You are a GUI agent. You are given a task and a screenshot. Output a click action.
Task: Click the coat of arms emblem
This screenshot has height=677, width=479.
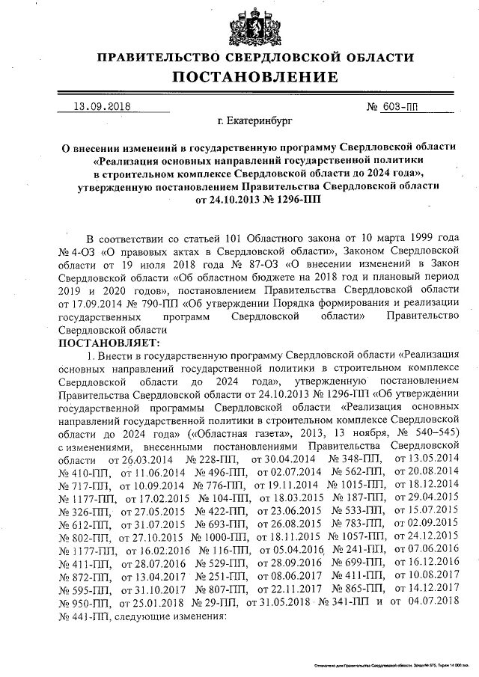(x=254, y=25)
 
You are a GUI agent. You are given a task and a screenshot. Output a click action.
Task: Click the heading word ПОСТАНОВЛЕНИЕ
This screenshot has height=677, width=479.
(x=256, y=77)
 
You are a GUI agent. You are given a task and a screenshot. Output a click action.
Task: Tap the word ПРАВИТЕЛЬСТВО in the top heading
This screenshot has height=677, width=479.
(x=159, y=58)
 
